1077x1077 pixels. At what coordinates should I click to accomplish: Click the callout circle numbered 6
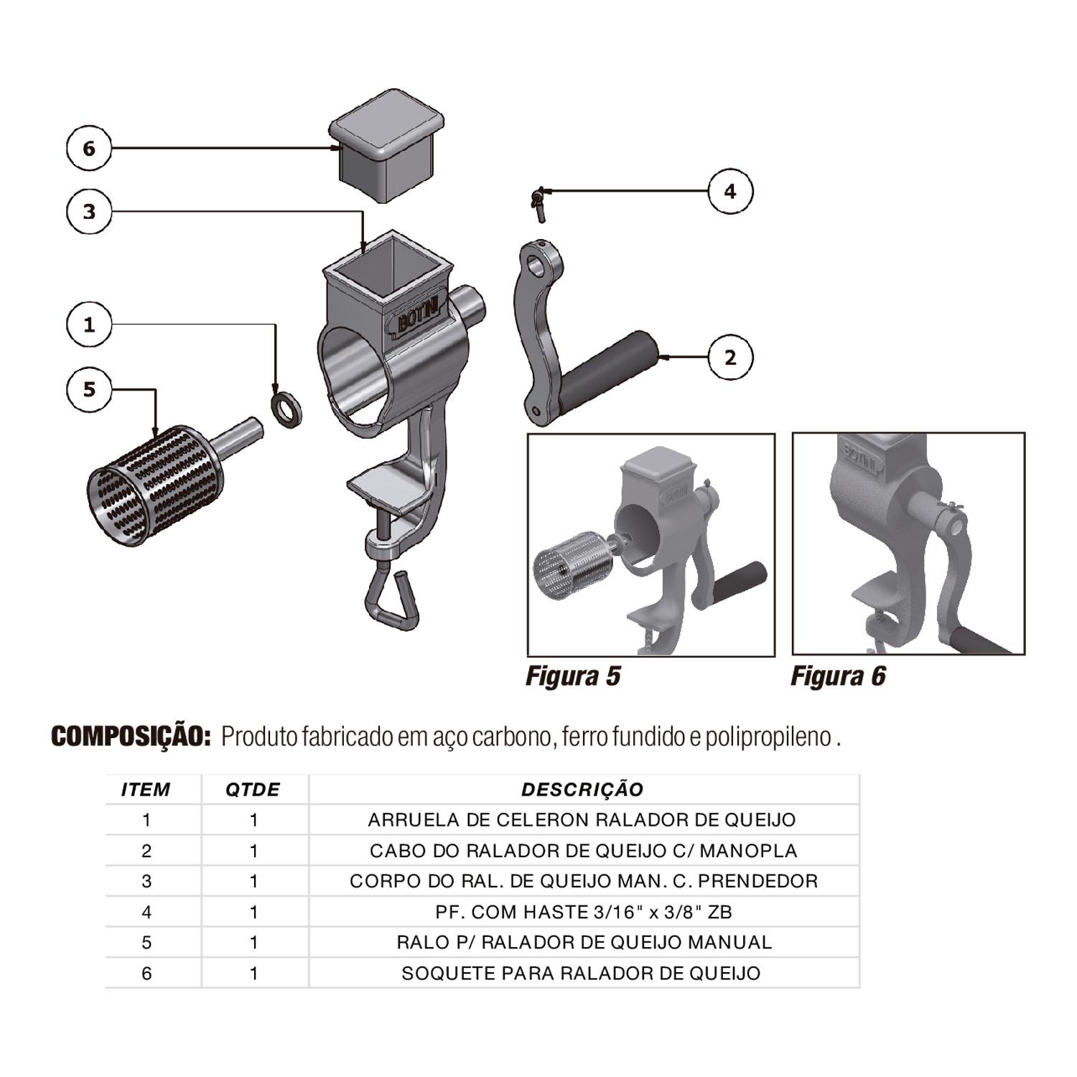pos(89,149)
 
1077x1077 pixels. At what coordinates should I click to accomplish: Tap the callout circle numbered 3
pos(89,212)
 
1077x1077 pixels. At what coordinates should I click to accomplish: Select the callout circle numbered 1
pos(89,325)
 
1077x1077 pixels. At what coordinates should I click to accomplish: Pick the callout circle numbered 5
pos(89,389)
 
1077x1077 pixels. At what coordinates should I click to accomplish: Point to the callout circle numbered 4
pos(730,192)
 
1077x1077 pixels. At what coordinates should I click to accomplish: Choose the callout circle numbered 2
pos(730,357)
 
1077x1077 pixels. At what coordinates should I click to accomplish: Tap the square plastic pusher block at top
pos(386,145)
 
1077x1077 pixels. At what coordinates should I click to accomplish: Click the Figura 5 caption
pos(573,676)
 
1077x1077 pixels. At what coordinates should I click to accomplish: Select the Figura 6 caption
pos(838,676)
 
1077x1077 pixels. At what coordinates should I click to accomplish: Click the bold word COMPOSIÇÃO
pos(131,736)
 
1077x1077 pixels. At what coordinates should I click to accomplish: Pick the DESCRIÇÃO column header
pos(582,790)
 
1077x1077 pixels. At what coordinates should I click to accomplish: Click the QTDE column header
pos(253,790)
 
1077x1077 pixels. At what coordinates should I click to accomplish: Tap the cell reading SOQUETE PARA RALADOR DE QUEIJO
pos(581,974)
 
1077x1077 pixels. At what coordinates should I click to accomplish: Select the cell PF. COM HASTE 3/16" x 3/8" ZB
pos(583,912)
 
